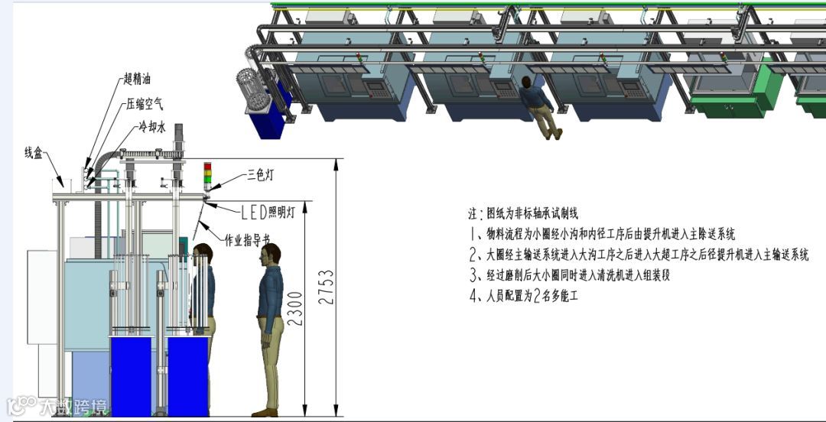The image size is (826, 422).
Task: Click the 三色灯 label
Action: coord(262,175)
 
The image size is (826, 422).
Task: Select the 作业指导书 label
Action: coord(247,240)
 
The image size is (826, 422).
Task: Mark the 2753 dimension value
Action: coord(327,287)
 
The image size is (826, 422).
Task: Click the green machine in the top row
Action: coord(727,84)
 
